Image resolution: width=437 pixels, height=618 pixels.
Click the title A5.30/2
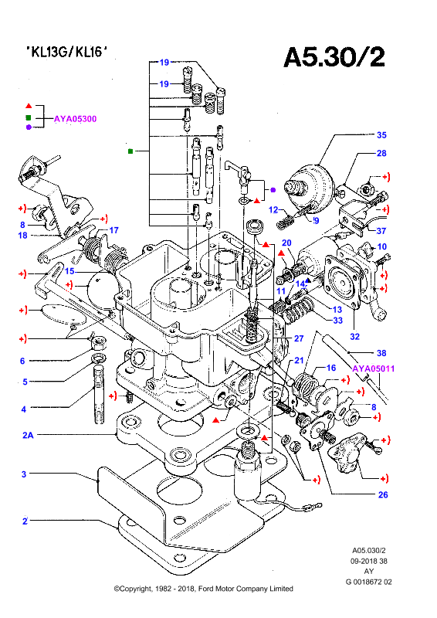(334, 57)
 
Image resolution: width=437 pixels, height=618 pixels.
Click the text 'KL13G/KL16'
(66, 51)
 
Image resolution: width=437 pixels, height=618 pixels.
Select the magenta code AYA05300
(75, 119)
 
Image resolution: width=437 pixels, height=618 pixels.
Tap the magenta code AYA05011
(373, 368)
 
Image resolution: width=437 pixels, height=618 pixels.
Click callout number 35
(381, 134)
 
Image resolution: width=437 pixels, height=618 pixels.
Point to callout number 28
(381, 153)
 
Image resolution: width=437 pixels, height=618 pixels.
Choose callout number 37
(381, 230)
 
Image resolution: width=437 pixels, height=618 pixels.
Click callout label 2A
(28, 435)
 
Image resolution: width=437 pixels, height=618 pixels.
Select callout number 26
(383, 494)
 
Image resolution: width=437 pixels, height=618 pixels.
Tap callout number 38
(381, 353)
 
